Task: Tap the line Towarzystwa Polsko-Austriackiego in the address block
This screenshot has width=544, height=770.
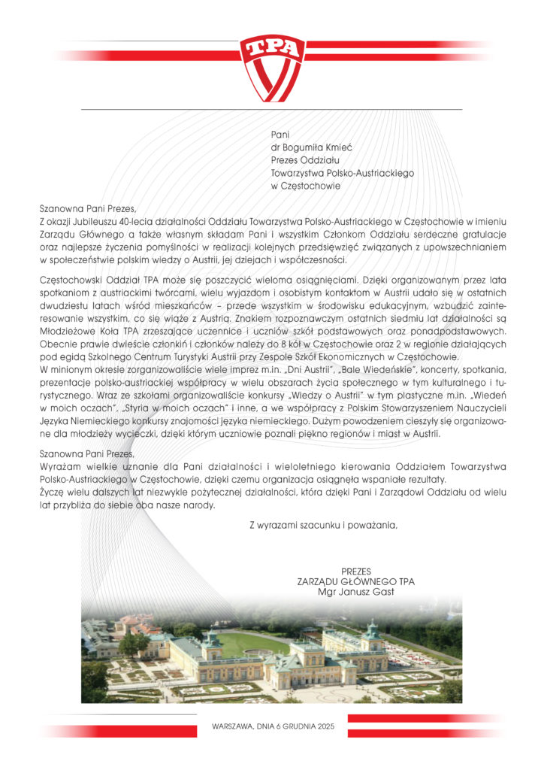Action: pos(342,173)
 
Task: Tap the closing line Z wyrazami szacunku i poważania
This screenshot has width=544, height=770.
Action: pos(322,525)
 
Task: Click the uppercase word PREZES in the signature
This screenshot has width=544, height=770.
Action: pos(355,571)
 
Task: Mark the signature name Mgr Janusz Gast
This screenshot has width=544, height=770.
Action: pos(355,592)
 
